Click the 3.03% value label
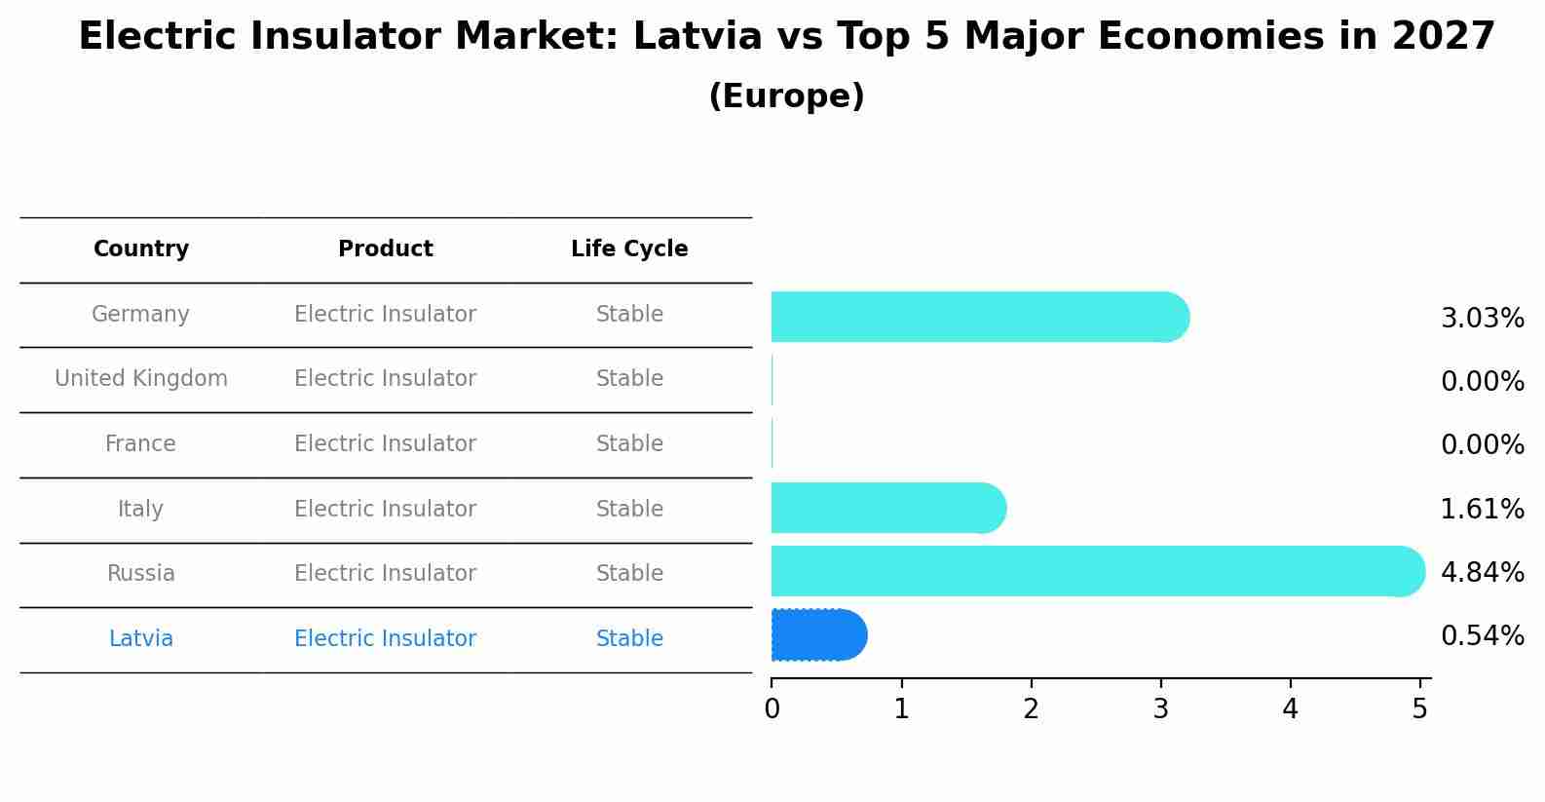click(1482, 319)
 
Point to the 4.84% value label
click(1482, 572)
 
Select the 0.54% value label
click(1482, 636)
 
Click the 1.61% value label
click(1482, 509)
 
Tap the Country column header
click(141, 249)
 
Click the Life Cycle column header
click(629, 249)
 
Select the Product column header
click(386, 249)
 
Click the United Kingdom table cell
click(141, 379)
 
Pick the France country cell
click(141, 444)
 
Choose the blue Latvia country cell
click(141, 639)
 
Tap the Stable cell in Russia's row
click(629, 574)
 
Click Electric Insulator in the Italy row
click(386, 510)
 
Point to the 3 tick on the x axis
click(1160, 708)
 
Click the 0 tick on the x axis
click(772, 708)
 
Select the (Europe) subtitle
click(786, 96)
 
